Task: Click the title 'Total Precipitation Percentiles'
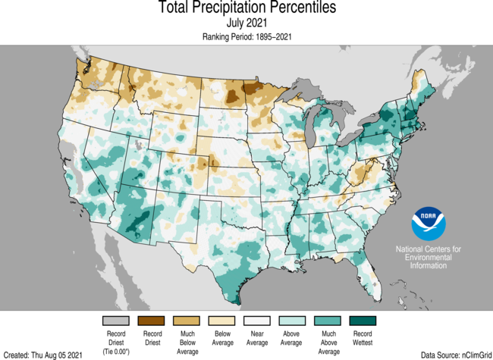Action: click(246, 8)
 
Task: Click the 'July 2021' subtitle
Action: click(246, 23)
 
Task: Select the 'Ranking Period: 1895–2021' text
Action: click(246, 36)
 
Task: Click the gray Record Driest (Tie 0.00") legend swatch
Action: click(115, 321)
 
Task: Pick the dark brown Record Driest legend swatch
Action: click(152, 321)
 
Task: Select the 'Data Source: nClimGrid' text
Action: click(454, 354)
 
